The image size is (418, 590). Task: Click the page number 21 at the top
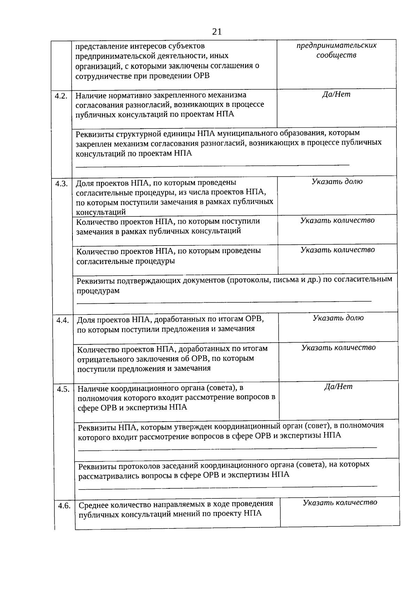coord(217,32)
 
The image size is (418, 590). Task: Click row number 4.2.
coord(61,96)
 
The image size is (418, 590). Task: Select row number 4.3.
coord(61,184)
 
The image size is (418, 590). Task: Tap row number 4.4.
coord(62,320)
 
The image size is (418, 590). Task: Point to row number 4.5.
coord(63,389)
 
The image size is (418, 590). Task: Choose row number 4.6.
coord(64,505)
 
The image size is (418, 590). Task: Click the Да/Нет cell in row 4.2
coord(336,94)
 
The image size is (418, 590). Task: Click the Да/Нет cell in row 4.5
coord(338,386)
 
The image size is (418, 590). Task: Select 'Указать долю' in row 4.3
coord(337,181)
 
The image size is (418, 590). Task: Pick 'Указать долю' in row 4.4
coord(338,318)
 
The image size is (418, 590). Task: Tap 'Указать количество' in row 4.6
coord(340,502)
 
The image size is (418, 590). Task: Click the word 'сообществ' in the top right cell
coord(336,55)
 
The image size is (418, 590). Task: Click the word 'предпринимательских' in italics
coord(336,46)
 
